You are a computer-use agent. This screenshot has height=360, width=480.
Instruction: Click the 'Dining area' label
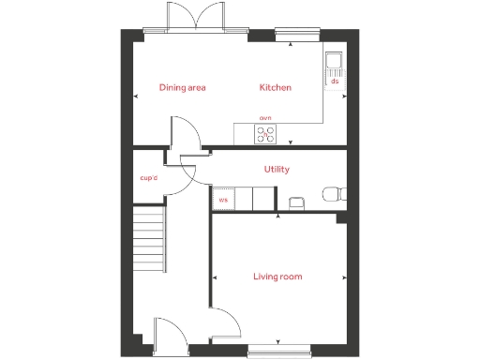(182, 88)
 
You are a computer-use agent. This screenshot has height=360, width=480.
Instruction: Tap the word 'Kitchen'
(276, 88)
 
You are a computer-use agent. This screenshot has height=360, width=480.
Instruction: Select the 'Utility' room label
(277, 170)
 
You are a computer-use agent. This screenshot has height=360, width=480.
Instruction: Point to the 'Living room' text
(277, 277)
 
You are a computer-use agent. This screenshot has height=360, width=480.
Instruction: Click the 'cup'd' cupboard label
(148, 177)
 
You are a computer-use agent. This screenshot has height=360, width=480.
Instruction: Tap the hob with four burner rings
(266, 134)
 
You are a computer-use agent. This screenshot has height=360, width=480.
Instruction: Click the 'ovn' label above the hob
(265, 118)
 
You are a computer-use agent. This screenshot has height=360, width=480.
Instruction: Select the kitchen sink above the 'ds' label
(335, 63)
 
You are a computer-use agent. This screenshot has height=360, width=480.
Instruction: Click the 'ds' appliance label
(335, 82)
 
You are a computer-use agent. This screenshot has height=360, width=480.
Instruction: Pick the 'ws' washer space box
(223, 199)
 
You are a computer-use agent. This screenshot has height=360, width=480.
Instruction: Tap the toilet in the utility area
(332, 194)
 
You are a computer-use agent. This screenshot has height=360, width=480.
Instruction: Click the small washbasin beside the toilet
(296, 202)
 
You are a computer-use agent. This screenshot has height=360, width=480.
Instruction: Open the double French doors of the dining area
(195, 19)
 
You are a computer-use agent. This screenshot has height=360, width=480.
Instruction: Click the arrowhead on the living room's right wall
(345, 277)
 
